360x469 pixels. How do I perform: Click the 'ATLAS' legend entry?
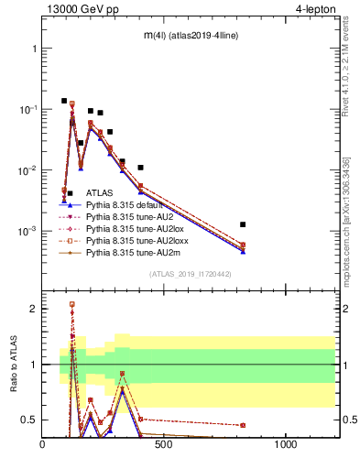click(x=100, y=193)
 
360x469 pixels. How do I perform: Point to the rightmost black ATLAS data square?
click(x=243, y=224)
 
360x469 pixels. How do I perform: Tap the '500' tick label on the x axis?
click(x=164, y=445)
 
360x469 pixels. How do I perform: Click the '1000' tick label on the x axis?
click(x=286, y=445)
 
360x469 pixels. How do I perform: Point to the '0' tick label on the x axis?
click(x=43, y=445)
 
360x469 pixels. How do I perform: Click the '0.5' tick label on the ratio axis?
click(x=28, y=420)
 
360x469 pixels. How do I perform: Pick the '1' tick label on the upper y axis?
click(x=33, y=48)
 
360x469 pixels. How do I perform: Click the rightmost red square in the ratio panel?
click(x=243, y=425)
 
